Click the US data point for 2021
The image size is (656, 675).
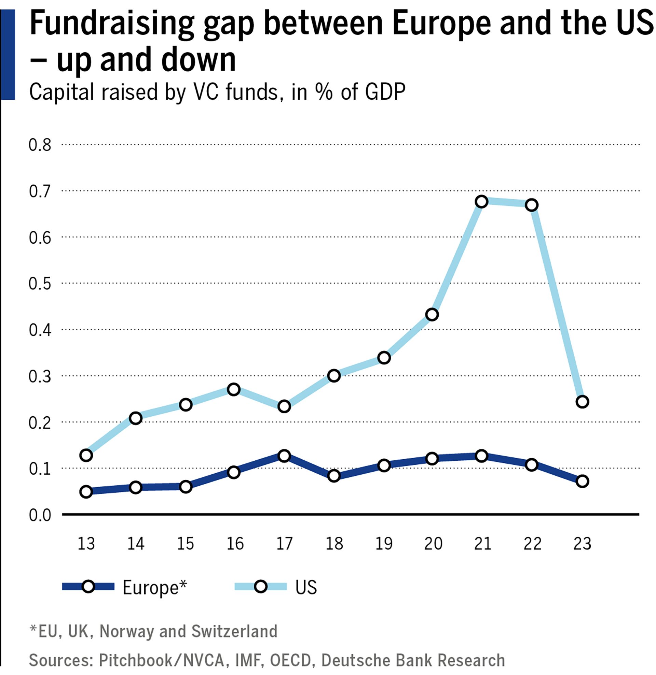coord(481,201)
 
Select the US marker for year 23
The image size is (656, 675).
coord(582,402)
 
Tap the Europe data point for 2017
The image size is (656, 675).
coord(284,456)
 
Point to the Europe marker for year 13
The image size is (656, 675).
coord(86,491)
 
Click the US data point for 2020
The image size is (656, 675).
coord(432,314)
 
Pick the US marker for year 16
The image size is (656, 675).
coord(234,389)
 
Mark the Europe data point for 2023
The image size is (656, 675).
coord(582,481)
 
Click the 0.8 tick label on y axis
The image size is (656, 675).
coord(40,145)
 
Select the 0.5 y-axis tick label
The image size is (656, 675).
coord(40,284)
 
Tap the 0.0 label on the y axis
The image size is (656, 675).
coord(40,516)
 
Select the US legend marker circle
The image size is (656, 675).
coord(261,586)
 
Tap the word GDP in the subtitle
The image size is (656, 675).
coord(385,92)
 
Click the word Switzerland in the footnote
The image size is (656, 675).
coord(234,631)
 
